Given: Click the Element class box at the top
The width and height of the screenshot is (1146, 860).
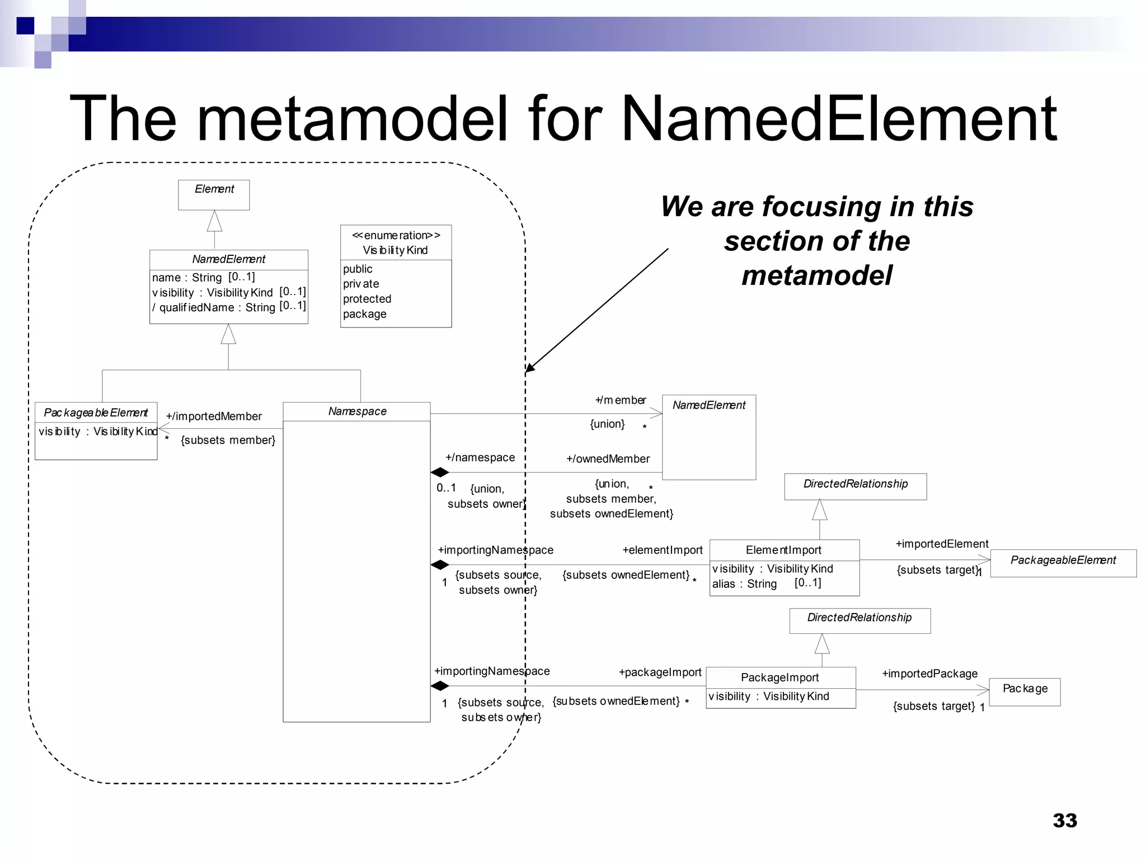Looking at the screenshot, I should tap(214, 194).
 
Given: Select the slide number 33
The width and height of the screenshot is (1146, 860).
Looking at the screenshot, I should tap(1064, 820).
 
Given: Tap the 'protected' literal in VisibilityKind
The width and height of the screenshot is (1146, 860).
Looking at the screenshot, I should tap(367, 299).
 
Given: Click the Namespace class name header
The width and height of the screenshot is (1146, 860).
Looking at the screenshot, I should tap(357, 412).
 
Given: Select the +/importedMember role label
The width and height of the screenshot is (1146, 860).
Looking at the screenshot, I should tap(214, 417).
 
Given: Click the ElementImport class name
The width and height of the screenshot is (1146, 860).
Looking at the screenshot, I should tap(783, 550).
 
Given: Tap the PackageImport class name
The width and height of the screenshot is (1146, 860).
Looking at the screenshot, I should tap(779, 677).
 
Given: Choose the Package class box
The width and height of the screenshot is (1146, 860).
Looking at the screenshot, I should tap(1025, 692).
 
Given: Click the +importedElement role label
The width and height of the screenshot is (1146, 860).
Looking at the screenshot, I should tap(942, 544).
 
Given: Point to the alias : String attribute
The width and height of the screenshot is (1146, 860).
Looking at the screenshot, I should tap(744, 584).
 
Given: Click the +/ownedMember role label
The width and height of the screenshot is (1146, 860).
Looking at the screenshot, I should tap(608, 459).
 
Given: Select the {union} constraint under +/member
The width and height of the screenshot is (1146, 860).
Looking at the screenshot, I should tap(607, 424).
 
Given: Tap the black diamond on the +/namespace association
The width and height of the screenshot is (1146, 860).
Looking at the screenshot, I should tap(440, 473).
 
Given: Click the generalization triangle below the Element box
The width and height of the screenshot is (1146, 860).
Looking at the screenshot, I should tap(214, 221).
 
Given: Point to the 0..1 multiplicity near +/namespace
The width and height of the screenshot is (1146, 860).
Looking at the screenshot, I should tap(446, 488).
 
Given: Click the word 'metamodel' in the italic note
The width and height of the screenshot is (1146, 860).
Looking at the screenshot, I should tap(816, 275).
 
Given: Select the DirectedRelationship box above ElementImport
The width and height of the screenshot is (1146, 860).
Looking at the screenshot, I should tap(855, 486).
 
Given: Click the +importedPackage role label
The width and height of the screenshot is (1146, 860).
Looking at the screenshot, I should tap(929, 674).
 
